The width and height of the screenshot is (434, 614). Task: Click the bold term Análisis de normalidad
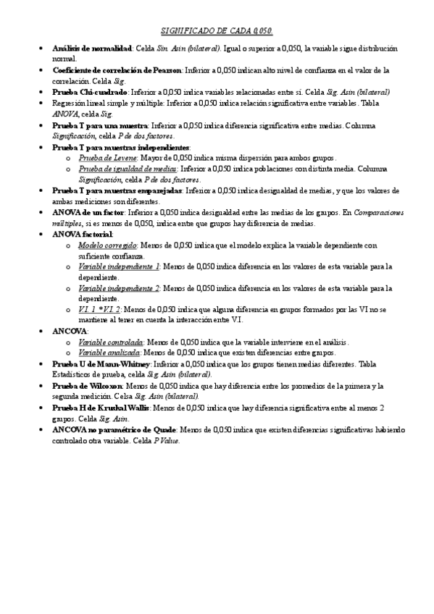92,48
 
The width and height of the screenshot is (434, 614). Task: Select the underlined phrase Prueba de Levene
104,156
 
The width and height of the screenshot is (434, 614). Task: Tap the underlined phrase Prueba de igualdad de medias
120,168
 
